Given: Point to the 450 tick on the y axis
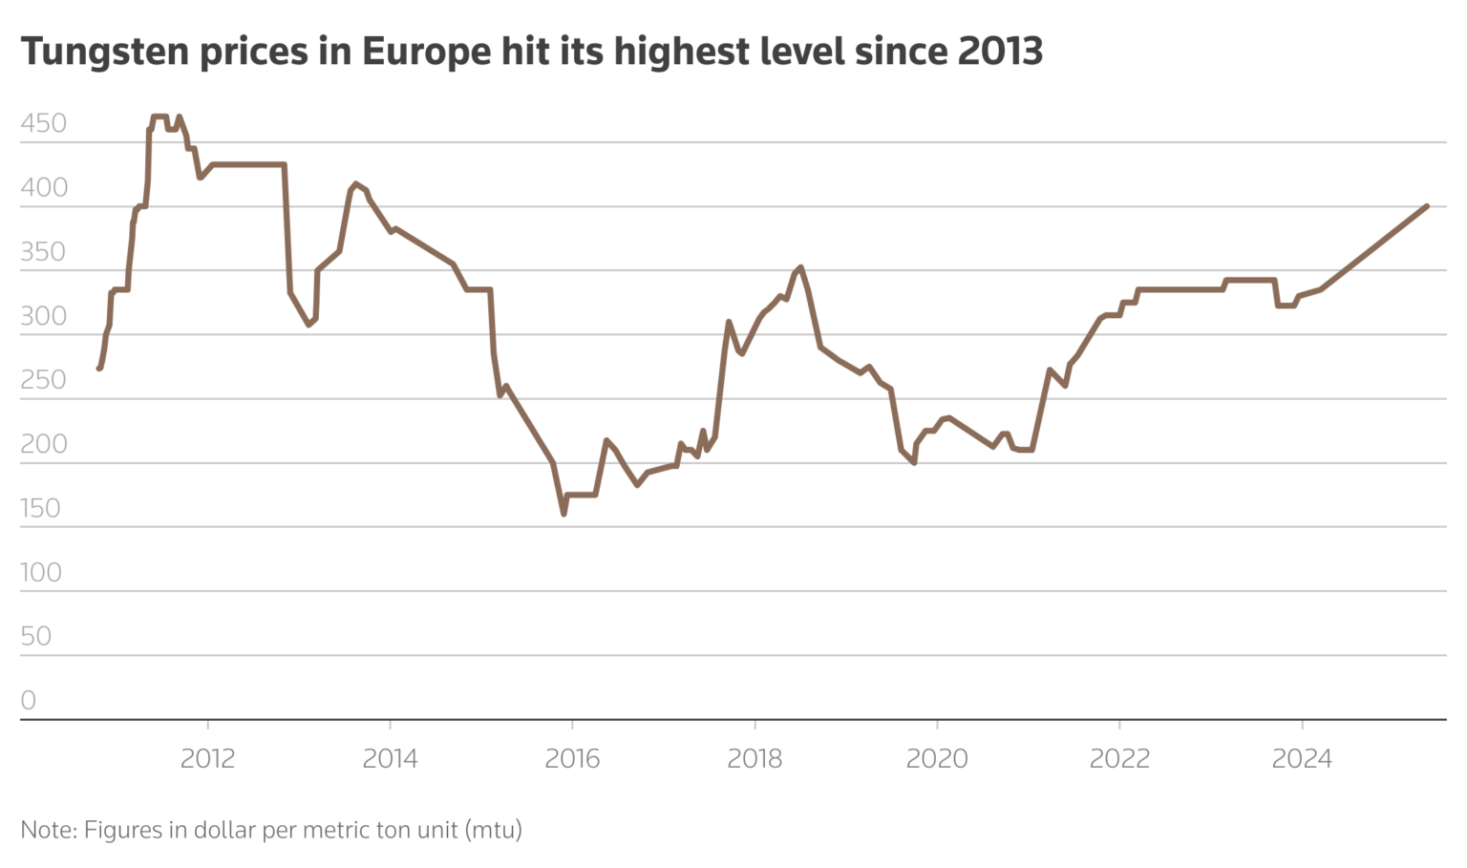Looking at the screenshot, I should pos(44,123).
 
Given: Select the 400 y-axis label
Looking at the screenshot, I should pos(44,187).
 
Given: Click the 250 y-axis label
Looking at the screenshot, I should pos(44,380).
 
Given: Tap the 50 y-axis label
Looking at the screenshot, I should pos(35,636).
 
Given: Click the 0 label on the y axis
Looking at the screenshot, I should pos(29,700).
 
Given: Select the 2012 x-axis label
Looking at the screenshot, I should pos(207,759).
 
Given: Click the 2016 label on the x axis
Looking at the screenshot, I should pos(572,759).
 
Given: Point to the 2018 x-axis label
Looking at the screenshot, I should pos(755,759).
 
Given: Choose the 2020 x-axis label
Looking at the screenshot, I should pos(937,759).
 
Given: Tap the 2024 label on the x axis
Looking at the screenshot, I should pos(1302,759).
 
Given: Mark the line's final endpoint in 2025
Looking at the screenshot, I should pos(1426,206).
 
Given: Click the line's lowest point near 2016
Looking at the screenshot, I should pos(563,514).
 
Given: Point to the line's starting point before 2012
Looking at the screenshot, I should pos(99,368).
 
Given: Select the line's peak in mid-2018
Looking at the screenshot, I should pos(800,267).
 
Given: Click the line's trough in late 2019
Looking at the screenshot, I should pos(914,462).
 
